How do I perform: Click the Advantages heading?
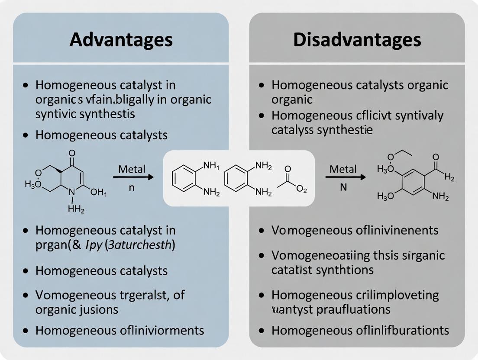pyautogui.click(x=121, y=40)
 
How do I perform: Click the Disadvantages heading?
pyautogui.click(x=357, y=40)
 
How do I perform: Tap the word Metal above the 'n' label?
pyautogui.click(x=132, y=169)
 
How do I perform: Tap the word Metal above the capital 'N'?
pyautogui.click(x=343, y=169)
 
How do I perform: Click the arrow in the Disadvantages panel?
pyautogui.click(x=345, y=177)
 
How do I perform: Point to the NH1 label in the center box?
pyautogui.click(x=211, y=165)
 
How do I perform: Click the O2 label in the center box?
pyautogui.click(x=300, y=189)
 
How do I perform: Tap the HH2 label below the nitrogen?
pyautogui.click(x=76, y=210)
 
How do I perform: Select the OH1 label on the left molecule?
pyautogui.click(x=99, y=193)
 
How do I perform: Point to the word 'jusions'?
pyautogui.click(x=97, y=309)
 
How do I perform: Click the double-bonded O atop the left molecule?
pyautogui.click(x=72, y=153)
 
